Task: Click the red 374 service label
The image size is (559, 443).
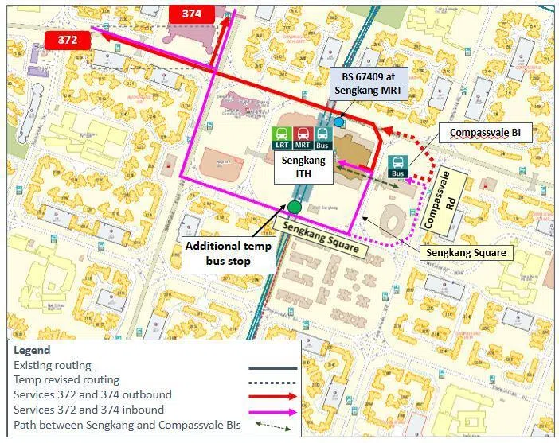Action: [x=191, y=14]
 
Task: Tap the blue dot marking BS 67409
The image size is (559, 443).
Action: [x=339, y=122]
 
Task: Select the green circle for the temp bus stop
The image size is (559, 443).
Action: [x=295, y=208]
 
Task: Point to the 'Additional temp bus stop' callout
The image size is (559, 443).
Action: [x=229, y=253]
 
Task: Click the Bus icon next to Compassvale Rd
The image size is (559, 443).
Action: [x=398, y=167]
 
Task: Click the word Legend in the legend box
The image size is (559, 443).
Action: [x=32, y=351]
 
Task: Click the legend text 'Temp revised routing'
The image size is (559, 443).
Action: [x=66, y=380]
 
